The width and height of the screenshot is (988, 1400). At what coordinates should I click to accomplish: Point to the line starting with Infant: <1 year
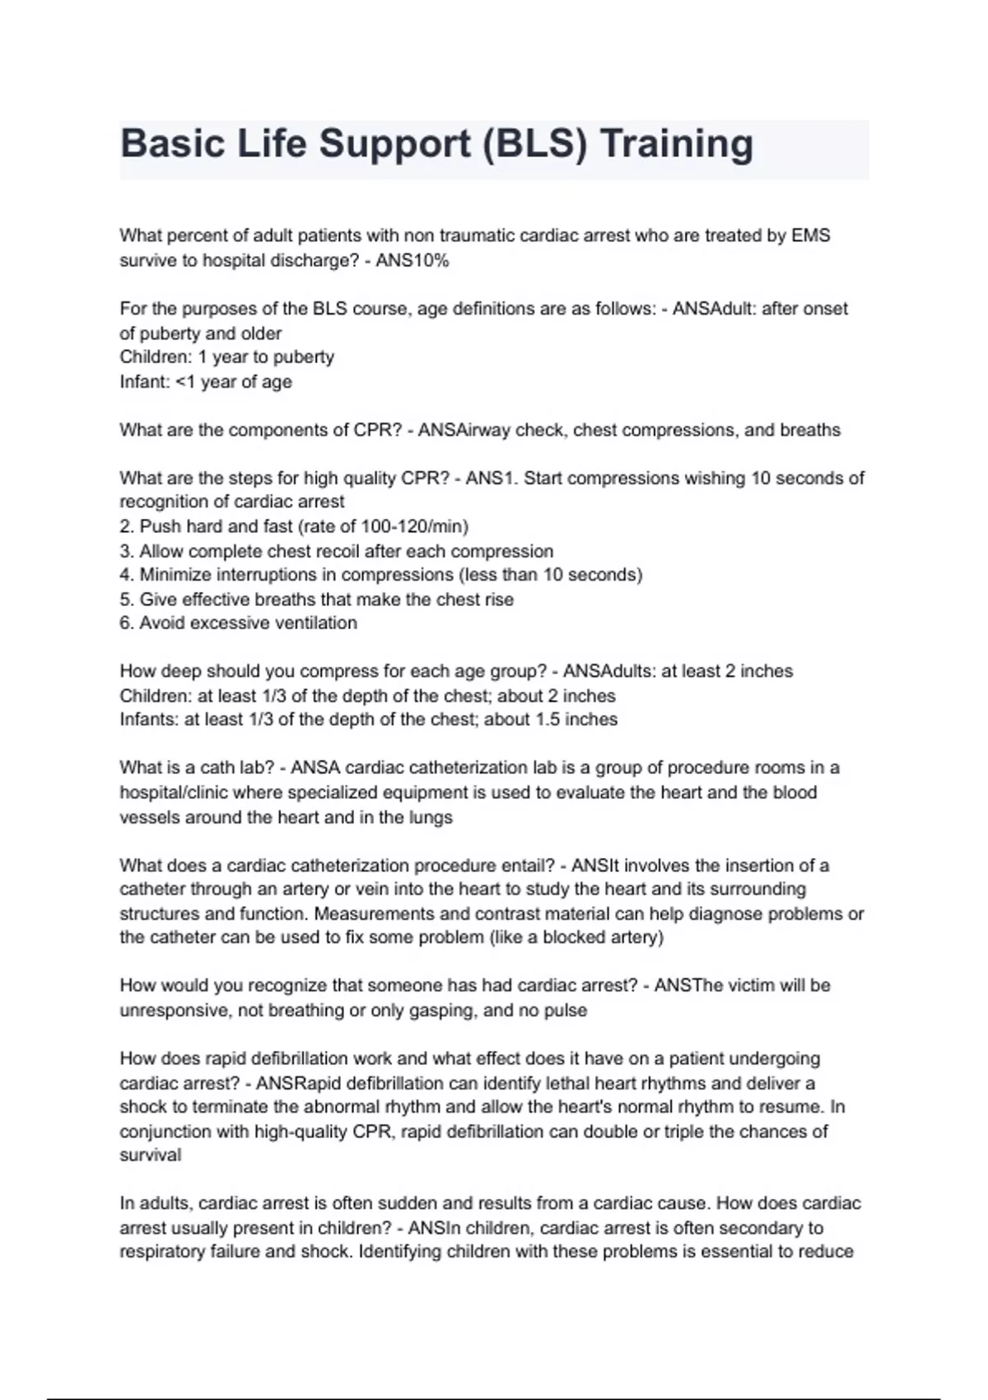click(206, 382)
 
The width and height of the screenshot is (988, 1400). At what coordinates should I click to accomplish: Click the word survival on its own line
click(151, 1155)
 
